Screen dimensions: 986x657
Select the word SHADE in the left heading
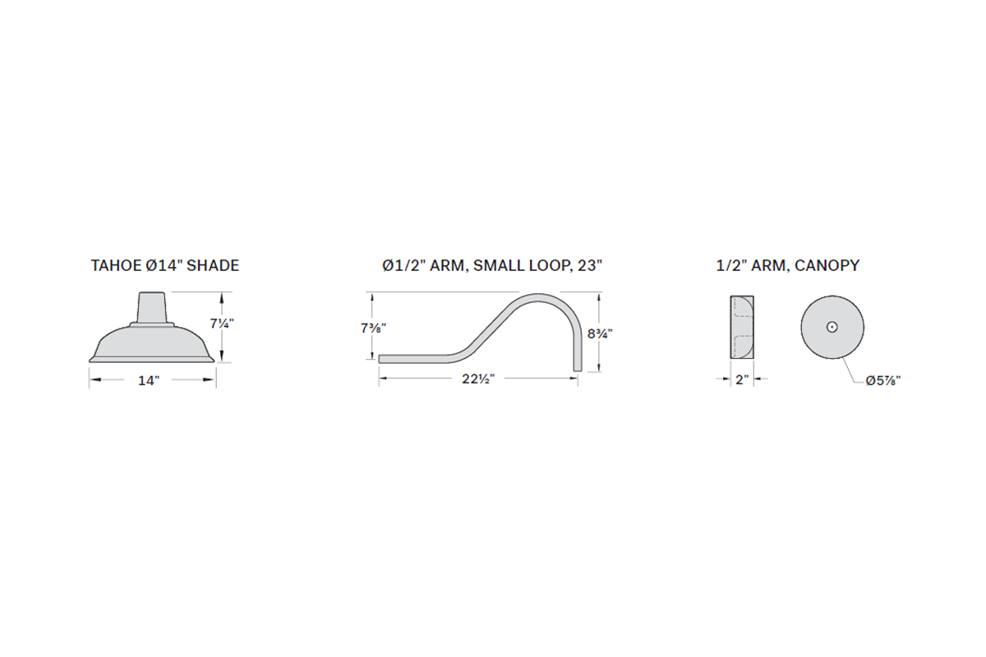pyautogui.click(x=213, y=265)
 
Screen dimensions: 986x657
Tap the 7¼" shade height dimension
pyautogui.click(x=222, y=324)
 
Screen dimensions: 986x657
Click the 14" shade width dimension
pyautogui.click(x=149, y=380)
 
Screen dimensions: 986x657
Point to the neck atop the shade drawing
pyautogui.click(x=152, y=308)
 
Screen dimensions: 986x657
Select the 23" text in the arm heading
pyautogui.click(x=589, y=265)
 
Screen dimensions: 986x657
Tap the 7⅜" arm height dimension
pyautogui.click(x=373, y=328)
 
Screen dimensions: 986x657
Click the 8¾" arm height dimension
pyautogui.click(x=600, y=334)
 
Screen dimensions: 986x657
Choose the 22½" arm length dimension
pyautogui.click(x=478, y=379)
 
